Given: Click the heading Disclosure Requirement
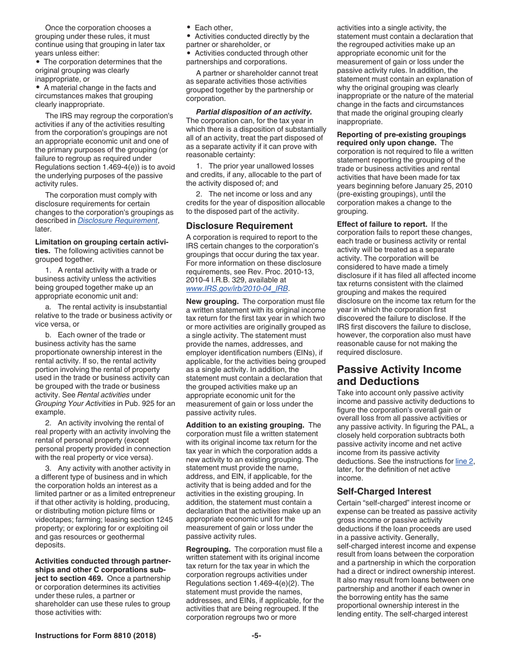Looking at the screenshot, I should (239, 226).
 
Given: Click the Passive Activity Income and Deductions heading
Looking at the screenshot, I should (399, 375).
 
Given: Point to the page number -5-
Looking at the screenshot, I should (256, 636).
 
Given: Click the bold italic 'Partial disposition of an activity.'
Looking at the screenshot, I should (254, 112).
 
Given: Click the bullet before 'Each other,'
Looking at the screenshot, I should (188, 28).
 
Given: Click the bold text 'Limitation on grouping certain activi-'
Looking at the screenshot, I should (101, 242).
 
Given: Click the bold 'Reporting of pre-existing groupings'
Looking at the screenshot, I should (401, 134).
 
